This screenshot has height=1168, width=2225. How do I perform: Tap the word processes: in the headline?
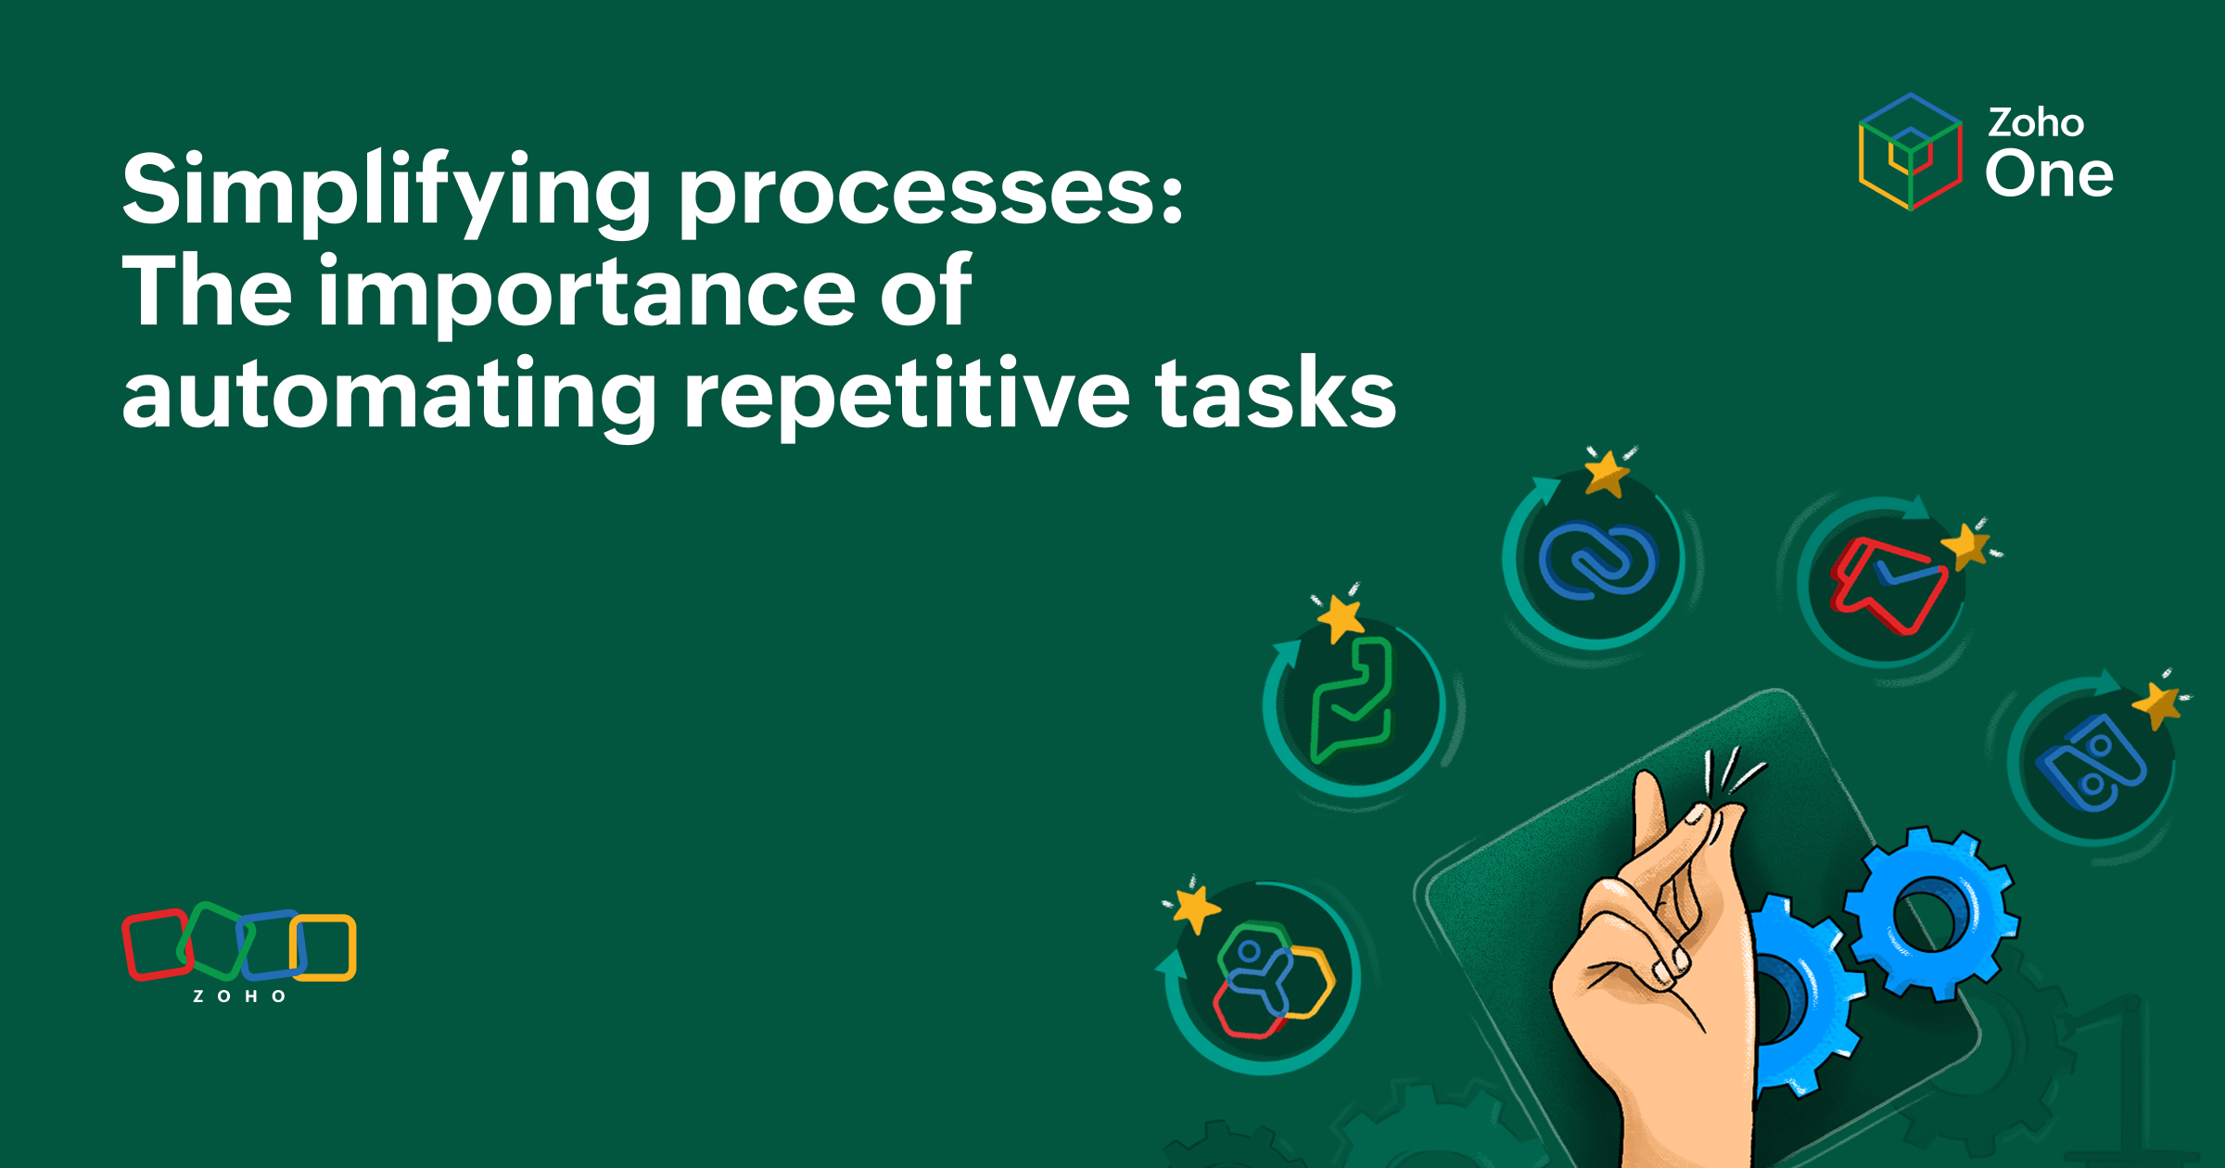pos(932,191)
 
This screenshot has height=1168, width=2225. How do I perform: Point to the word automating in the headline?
pos(389,395)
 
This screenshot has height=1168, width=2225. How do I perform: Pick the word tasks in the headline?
pos(1276,395)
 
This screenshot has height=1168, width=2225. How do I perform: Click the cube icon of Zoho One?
pos(1910,152)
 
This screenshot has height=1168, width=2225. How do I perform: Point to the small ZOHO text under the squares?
pos(239,997)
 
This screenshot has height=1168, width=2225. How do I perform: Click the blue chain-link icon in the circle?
pos(1596,560)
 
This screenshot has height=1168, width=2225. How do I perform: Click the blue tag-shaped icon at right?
pos(2090,763)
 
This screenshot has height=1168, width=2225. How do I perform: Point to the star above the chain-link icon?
pos(1607,473)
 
